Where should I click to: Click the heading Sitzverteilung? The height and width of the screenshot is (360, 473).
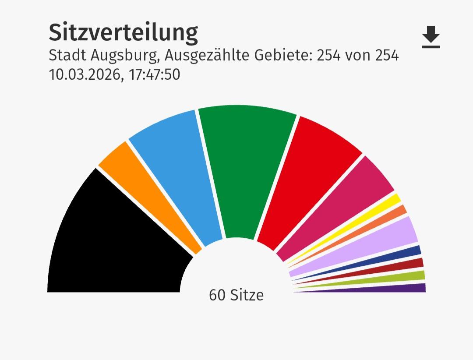coord(123,32)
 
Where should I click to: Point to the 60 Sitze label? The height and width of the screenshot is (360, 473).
coord(236,295)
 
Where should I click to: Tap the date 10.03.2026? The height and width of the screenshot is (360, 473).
coord(82,74)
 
